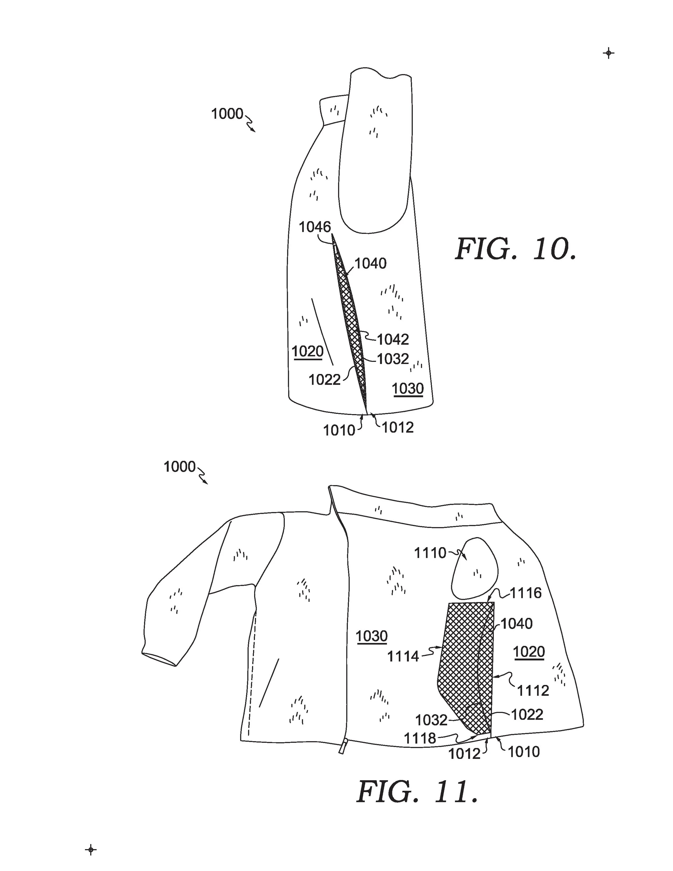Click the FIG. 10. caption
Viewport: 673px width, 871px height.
(x=516, y=250)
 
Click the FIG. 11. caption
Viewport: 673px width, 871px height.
(x=417, y=792)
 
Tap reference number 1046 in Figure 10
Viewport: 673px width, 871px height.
(x=315, y=227)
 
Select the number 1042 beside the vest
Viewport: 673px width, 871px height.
(x=393, y=340)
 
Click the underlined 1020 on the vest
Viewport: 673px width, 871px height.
(x=307, y=351)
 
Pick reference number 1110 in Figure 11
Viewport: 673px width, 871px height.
(x=430, y=553)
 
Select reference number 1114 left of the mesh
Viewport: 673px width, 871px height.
(x=403, y=656)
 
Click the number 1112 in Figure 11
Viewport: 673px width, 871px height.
(x=533, y=690)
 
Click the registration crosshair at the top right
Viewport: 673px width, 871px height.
(x=608, y=53)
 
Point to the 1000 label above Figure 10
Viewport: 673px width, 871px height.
(x=227, y=114)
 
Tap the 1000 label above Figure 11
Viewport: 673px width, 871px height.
(x=179, y=467)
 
